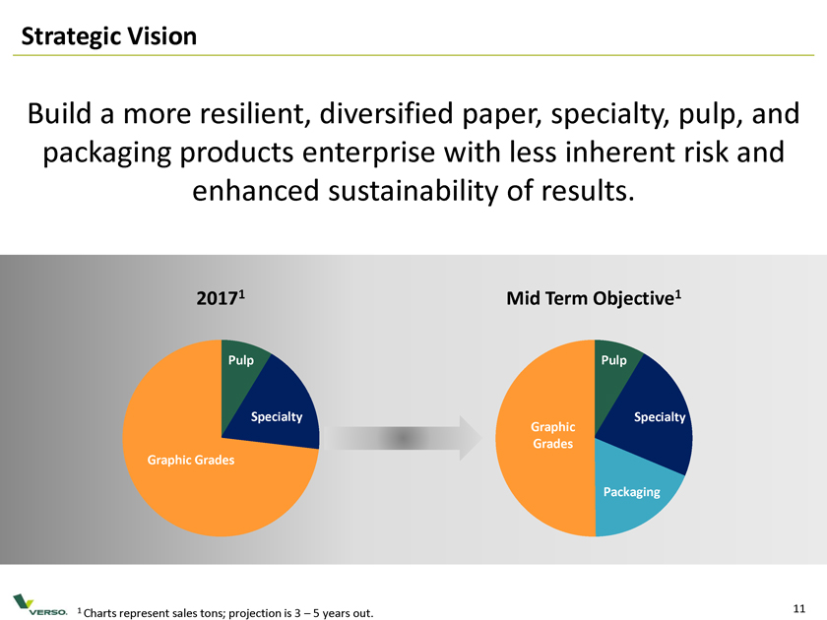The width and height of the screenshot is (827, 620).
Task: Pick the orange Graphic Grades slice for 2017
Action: (x=187, y=463)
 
